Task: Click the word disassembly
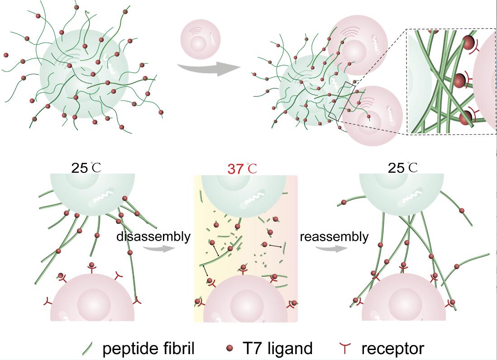click(153, 237)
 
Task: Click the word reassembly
click(334, 237)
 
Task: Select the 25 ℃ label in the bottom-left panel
click(86, 168)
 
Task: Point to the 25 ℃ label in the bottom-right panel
click(403, 168)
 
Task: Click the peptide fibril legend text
click(148, 348)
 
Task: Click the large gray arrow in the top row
click(208, 68)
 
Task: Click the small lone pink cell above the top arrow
click(200, 41)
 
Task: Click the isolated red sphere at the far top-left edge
click(6, 55)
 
